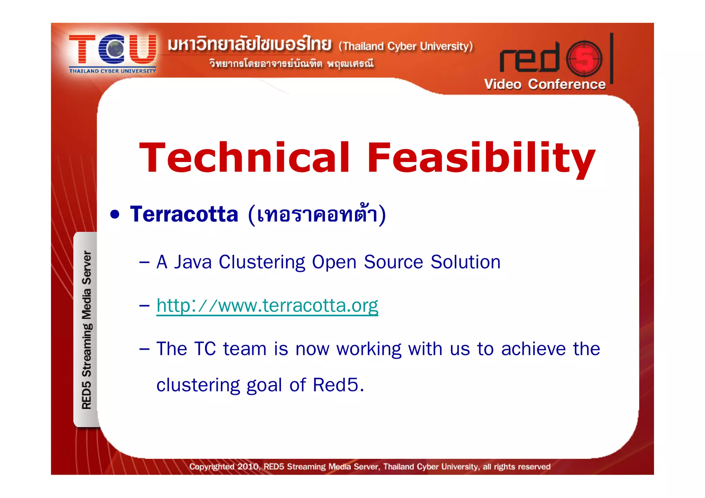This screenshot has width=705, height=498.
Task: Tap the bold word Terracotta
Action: tap(184, 214)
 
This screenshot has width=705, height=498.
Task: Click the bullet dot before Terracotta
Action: tap(115, 215)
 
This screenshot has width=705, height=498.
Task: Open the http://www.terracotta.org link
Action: tap(267, 305)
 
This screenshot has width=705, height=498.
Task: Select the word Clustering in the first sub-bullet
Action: tap(262, 262)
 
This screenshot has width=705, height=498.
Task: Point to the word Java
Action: tap(192, 262)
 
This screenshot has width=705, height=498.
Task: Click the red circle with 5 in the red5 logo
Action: tap(584, 59)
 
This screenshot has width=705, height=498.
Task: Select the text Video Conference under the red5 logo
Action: tap(545, 84)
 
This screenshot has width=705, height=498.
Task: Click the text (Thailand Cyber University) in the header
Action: tap(406, 46)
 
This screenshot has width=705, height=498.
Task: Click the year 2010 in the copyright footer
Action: tap(248, 467)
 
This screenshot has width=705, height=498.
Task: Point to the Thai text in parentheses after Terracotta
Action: tap(317, 214)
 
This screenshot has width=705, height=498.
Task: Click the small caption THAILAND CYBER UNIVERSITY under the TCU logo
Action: tap(113, 71)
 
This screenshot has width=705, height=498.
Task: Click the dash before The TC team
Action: tap(144, 349)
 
